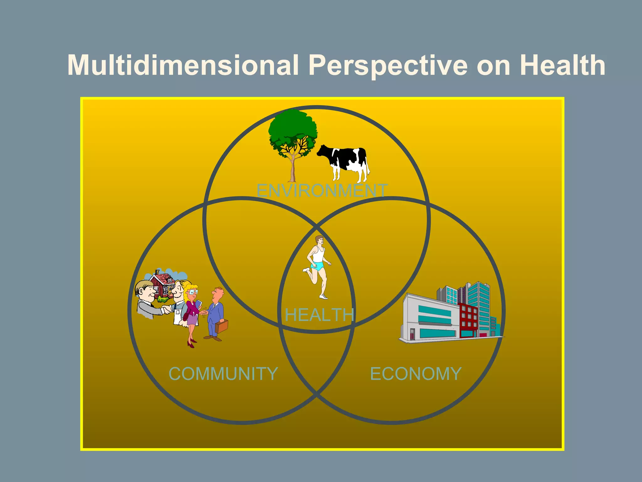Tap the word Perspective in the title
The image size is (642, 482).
(388, 65)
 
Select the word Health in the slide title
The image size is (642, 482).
(562, 65)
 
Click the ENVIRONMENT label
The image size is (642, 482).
(322, 190)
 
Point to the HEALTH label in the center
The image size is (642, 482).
(319, 315)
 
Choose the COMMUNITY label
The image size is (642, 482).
(223, 374)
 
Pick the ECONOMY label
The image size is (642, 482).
(416, 374)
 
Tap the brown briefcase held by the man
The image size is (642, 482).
(221, 326)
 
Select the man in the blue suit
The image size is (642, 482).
(215, 314)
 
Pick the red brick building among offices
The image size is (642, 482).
(468, 320)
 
